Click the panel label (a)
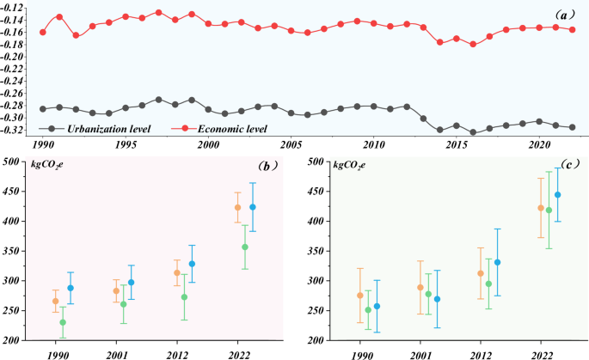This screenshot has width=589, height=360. pyautogui.click(x=561, y=15)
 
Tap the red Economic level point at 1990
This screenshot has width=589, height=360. pyautogui.click(x=43, y=32)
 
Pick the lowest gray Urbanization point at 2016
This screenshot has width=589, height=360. pyautogui.click(x=473, y=132)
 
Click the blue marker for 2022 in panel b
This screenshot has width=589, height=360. pyautogui.click(x=253, y=207)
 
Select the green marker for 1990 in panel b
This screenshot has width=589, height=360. pyautogui.click(x=63, y=323)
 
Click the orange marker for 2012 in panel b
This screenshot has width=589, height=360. pyautogui.click(x=177, y=273)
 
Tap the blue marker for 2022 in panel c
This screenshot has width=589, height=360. pyautogui.click(x=558, y=195)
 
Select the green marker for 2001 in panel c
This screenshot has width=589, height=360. pyautogui.click(x=429, y=294)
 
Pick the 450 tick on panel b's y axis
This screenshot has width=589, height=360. pyautogui.click(x=12, y=192)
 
